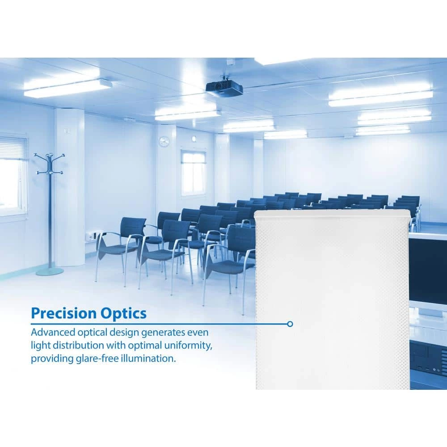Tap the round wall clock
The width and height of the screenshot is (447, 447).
[164, 141]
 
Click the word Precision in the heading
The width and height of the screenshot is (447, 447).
[63, 313]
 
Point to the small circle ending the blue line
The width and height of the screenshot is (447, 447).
[290, 324]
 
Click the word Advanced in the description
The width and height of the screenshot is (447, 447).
[53, 333]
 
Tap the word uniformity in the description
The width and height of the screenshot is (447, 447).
[187, 346]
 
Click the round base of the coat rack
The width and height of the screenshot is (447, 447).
[50, 271]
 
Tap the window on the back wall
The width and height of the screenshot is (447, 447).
[194, 172]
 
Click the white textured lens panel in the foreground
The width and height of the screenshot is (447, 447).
[332, 299]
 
